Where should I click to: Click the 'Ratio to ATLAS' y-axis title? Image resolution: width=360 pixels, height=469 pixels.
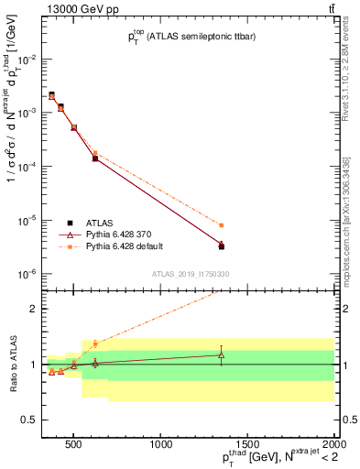(x=12, y=365)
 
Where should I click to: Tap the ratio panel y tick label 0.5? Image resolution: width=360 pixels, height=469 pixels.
(x=27, y=420)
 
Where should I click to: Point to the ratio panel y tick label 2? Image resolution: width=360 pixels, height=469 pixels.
(x=32, y=309)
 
